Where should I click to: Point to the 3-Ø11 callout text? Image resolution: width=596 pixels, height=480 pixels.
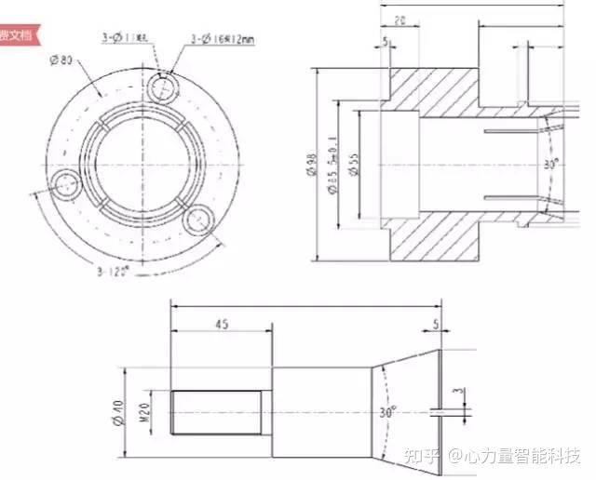(129, 38)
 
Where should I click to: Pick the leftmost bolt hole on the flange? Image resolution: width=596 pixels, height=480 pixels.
(66, 185)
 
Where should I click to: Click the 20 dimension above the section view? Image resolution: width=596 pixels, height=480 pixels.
(399, 20)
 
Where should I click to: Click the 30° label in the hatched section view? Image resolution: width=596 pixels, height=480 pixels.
(550, 164)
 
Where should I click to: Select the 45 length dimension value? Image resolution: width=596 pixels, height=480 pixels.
(221, 325)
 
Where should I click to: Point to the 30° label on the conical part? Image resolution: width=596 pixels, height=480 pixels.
(387, 410)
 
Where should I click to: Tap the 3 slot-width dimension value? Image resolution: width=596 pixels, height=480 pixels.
(457, 394)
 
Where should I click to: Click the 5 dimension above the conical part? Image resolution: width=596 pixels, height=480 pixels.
(436, 325)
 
